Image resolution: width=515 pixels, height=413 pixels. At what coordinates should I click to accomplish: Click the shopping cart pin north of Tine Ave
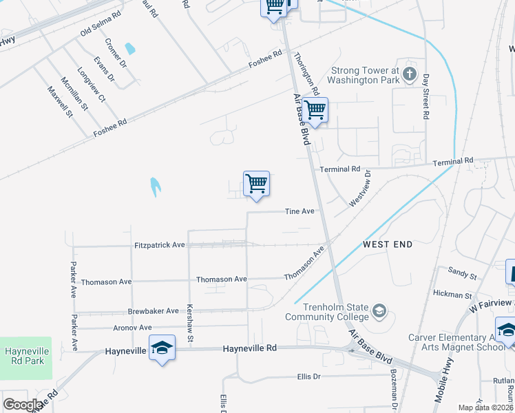[256, 184]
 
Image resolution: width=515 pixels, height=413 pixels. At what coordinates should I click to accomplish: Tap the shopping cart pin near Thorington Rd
[315, 110]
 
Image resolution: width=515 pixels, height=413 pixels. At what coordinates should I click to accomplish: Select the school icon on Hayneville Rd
[162, 348]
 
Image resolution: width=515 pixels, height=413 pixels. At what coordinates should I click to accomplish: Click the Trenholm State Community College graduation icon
[379, 312]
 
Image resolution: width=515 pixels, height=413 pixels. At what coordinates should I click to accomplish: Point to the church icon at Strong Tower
[410, 74]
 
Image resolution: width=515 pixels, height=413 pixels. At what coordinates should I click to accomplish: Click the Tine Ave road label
[299, 212]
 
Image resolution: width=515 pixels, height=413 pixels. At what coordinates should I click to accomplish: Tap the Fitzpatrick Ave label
[160, 245]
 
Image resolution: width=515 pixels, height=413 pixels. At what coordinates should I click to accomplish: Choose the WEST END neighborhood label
[388, 244]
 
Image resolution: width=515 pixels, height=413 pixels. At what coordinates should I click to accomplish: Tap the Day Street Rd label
[426, 97]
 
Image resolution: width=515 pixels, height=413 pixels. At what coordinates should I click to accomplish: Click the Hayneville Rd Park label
[25, 356]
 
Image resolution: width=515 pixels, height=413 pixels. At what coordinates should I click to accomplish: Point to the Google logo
[23, 405]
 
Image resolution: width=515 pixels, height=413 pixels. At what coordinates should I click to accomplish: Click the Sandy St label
[462, 275]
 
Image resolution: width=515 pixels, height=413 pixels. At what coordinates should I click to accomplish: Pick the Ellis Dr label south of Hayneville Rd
[308, 377]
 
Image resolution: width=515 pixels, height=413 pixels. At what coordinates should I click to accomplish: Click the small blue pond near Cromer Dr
[130, 49]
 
